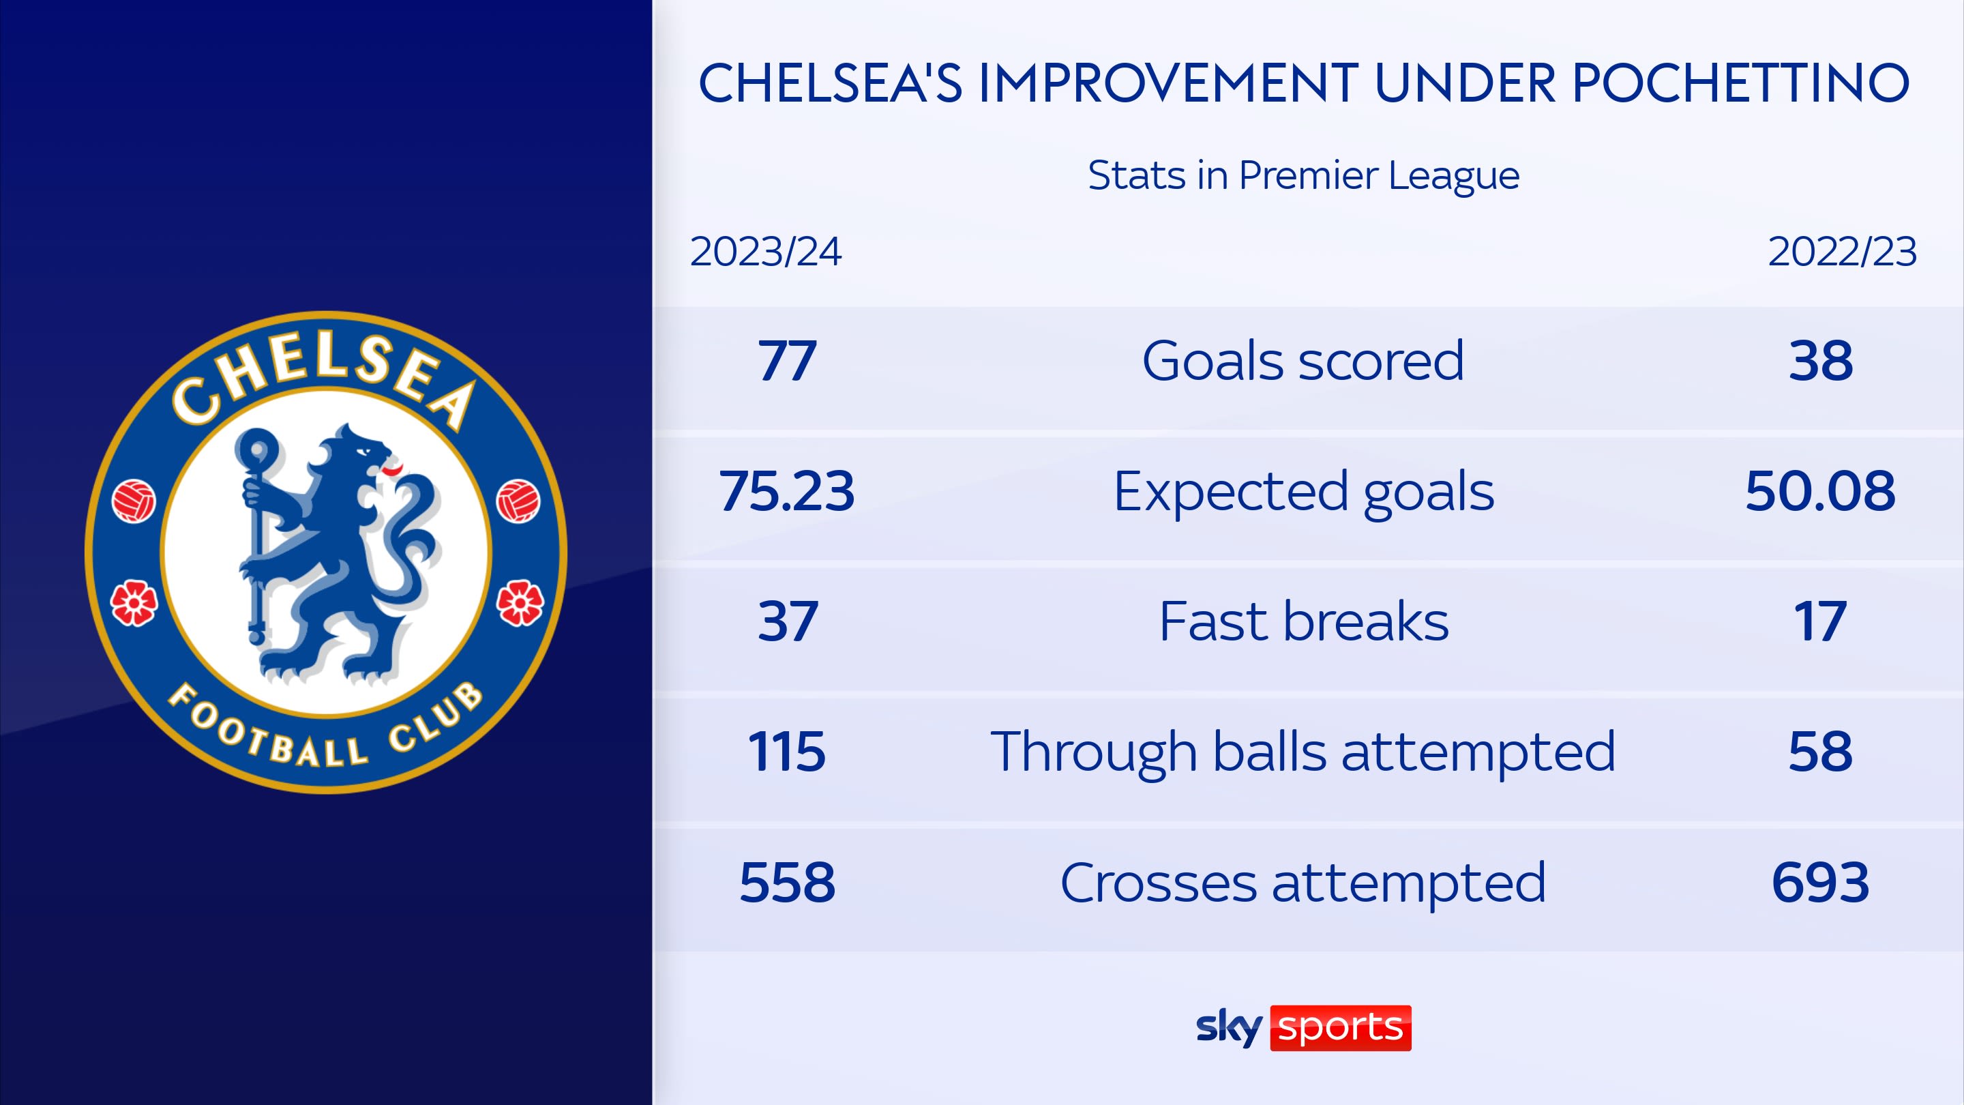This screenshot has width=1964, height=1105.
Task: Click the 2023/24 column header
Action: click(765, 252)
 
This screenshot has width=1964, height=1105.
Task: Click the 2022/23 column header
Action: click(1842, 252)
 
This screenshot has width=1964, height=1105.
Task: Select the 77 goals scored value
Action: click(787, 361)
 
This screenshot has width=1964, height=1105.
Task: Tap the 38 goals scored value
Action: click(1821, 361)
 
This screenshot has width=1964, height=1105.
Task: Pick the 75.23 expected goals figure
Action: click(787, 491)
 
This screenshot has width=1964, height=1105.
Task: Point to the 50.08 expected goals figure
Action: click(1821, 491)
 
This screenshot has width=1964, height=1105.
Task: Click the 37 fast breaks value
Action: click(787, 621)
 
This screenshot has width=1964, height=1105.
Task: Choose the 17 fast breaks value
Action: click(1821, 621)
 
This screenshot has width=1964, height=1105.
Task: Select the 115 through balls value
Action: click(787, 752)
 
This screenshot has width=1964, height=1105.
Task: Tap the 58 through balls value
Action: click(1821, 752)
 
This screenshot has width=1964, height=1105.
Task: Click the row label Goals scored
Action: click(1303, 361)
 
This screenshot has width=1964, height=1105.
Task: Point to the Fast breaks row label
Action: click(1304, 621)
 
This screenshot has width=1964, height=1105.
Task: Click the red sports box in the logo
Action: click(1340, 1028)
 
